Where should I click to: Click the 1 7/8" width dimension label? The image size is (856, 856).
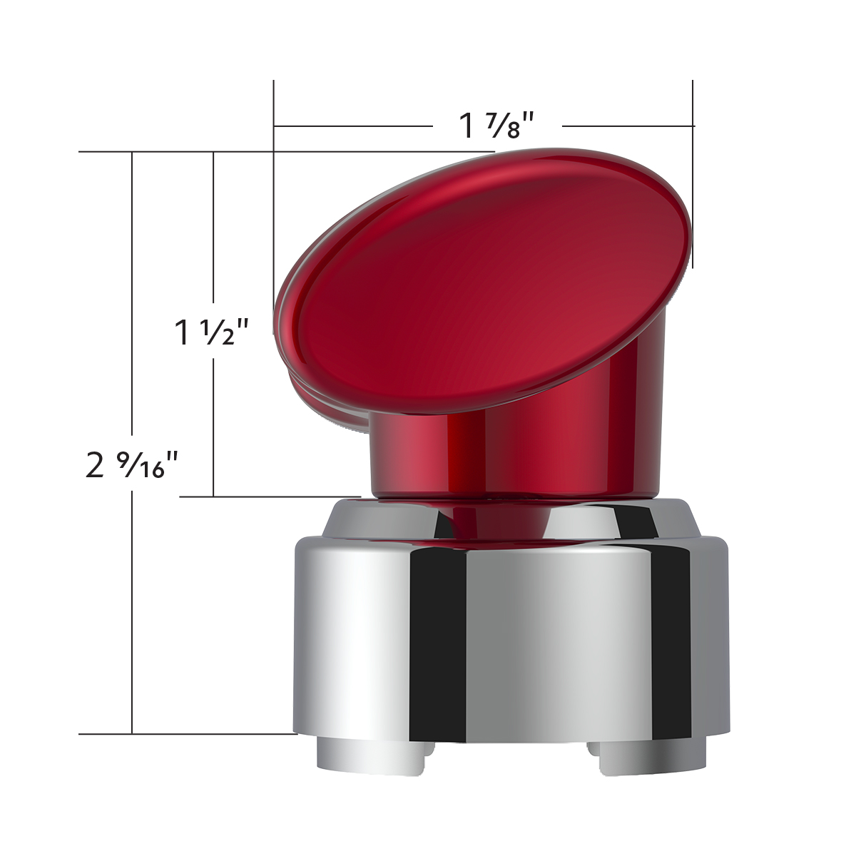497,126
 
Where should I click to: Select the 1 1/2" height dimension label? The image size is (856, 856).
212,332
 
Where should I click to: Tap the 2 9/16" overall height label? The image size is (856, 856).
131,466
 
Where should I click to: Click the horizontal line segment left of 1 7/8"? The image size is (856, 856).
353,126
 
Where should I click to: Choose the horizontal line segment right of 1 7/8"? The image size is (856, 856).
628,126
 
